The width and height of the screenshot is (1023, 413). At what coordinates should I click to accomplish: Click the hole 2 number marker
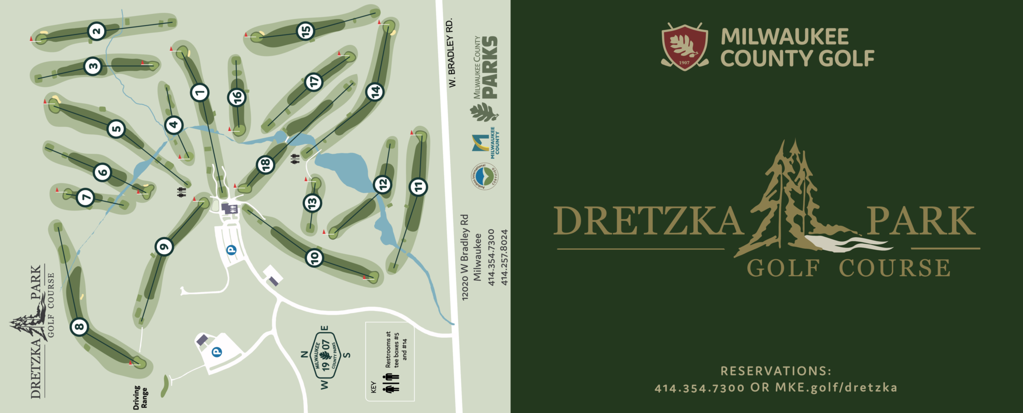pos(96,31)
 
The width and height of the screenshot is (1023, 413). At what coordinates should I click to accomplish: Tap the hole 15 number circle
pos(305,31)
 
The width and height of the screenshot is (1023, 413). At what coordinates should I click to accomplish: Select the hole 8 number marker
pos(79,327)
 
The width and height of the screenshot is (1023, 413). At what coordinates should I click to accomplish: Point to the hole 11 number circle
pos(418,187)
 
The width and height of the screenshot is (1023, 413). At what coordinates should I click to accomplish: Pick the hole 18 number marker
pos(265,164)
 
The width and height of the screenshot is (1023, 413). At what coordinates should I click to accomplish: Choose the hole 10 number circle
pos(314,258)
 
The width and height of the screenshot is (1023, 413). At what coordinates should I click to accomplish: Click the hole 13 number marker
pos(312,203)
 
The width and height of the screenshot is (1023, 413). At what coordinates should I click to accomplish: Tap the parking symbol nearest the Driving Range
pos(217,352)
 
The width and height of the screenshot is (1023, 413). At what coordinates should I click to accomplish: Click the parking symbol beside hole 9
pos(231,250)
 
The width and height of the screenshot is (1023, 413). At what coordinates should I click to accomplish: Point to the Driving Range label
pos(140,398)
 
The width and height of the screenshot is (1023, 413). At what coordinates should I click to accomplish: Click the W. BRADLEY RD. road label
pos(452,52)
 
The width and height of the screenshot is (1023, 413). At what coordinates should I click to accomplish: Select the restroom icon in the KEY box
pos(392,383)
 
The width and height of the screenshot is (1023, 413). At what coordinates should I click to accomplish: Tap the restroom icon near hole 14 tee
pos(295,159)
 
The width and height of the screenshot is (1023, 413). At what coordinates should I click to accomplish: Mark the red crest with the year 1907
pos(684,46)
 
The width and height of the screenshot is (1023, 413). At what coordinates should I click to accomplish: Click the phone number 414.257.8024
pos(505,257)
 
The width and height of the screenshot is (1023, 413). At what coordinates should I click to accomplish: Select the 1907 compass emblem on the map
pos(325,356)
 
